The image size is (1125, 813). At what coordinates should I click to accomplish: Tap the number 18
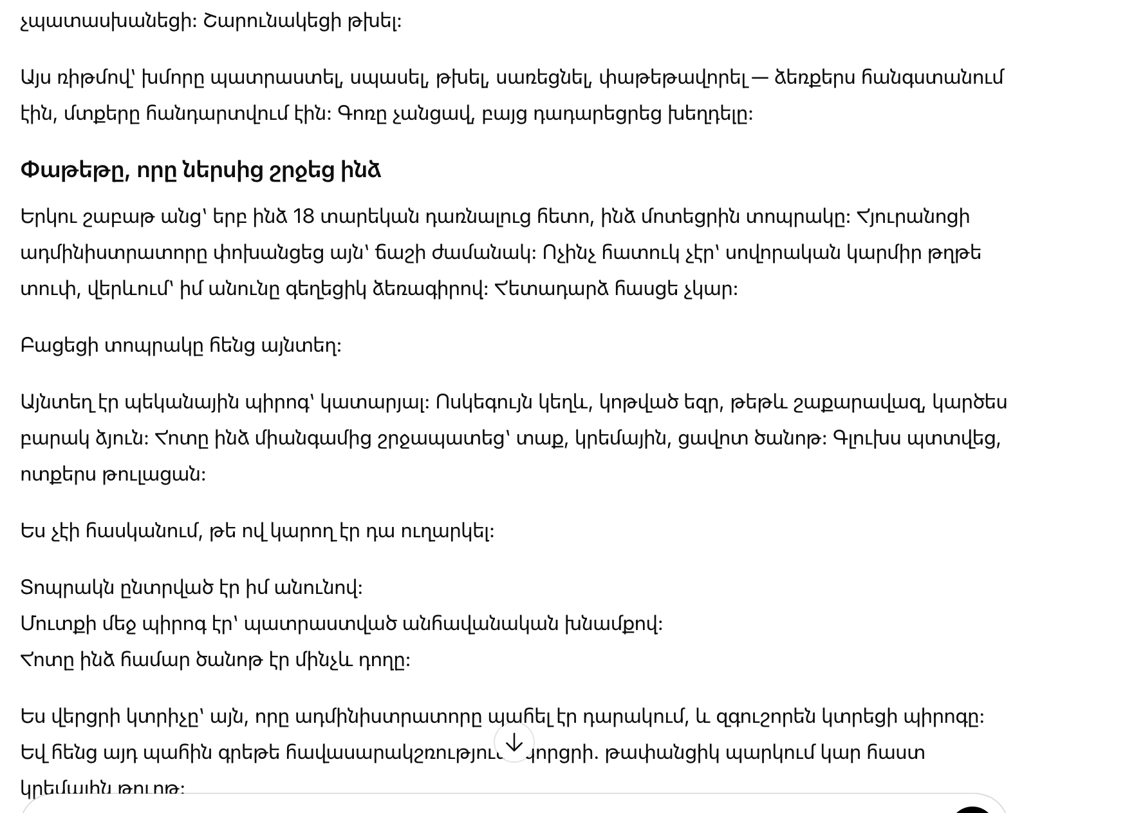(x=303, y=216)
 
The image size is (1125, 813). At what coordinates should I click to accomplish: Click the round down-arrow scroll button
(x=514, y=743)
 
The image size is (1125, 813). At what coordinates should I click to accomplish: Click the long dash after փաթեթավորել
(x=759, y=78)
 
